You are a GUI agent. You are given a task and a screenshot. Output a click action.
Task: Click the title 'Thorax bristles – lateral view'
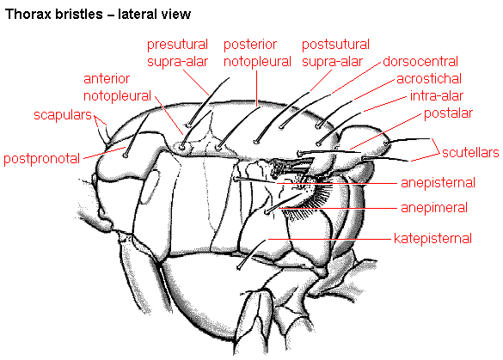coord(98,15)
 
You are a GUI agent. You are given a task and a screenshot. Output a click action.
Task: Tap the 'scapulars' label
coord(63,114)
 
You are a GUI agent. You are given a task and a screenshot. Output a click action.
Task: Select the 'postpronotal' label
coord(42,158)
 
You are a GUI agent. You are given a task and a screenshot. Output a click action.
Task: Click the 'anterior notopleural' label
coord(117,87)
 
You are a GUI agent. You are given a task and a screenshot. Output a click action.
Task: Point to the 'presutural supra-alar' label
coord(177,53)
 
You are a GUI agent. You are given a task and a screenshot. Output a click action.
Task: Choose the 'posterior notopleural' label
coord(257,53)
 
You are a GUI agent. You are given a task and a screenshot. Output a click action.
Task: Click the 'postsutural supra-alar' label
coord(335,53)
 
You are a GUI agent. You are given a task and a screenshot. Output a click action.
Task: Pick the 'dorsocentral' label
coord(420,61)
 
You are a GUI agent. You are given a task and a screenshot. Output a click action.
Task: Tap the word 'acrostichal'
coord(429,78)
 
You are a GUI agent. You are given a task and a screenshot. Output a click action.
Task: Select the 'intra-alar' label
coord(437,95)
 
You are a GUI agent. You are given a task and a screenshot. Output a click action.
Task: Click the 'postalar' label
coord(448,113)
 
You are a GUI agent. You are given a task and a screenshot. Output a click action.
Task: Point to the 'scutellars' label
coord(470,153)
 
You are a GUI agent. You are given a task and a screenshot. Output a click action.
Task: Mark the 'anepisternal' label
coord(438,183)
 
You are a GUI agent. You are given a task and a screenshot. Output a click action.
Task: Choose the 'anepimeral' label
coord(434,208)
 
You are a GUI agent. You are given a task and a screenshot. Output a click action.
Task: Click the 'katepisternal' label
coord(432,239)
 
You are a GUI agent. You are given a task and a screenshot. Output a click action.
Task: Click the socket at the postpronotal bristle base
coord(126,156)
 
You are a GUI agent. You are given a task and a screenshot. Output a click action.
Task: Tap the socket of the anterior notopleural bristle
coord(182,148)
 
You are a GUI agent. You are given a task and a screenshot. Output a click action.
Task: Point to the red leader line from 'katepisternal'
coord(329,239)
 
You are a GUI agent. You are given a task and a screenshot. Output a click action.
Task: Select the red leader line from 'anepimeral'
coord(338,209)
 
